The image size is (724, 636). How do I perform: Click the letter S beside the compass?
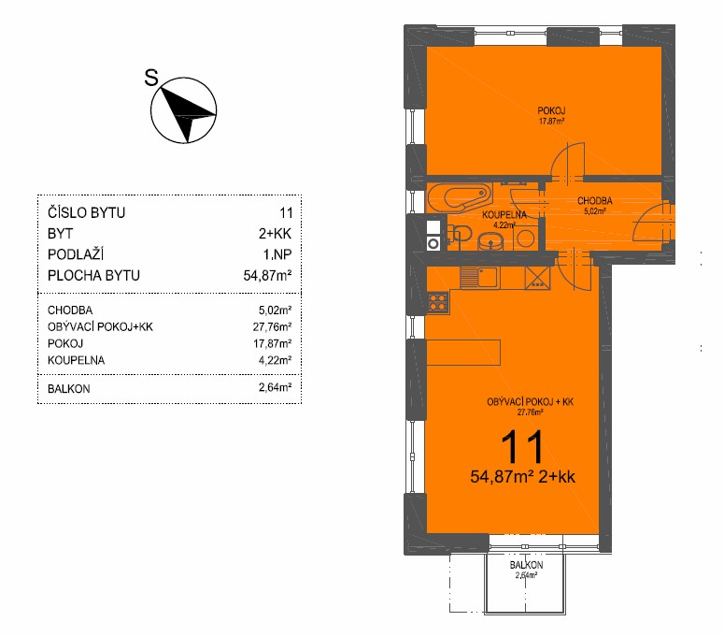pos(151,78)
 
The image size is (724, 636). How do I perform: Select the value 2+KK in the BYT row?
pos(275,234)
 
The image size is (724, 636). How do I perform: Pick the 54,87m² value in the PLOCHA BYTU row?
pos(267,276)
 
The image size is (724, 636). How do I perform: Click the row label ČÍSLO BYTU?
pos(86,212)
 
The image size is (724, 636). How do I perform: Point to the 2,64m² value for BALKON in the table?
pos(275,387)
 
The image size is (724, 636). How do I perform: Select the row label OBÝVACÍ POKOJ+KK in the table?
pos(100,326)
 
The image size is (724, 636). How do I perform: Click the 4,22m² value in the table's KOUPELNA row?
pos(275,360)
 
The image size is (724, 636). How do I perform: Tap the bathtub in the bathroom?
pos(460,198)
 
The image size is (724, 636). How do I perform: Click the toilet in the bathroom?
pos(459,234)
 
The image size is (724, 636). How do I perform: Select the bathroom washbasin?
pos(490,240)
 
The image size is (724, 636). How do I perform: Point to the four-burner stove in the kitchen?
pos(438,302)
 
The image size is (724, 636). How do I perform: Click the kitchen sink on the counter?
pos(479,278)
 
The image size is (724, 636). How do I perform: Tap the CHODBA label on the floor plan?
pos(595,201)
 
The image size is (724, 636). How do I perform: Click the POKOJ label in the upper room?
pos(551,111)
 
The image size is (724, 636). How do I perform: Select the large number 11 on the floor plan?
pos(522,446)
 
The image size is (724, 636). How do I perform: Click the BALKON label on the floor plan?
pos(526,565)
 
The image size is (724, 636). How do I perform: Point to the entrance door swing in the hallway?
pos(652,222)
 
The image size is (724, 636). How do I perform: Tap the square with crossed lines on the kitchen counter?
pos(538,278)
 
